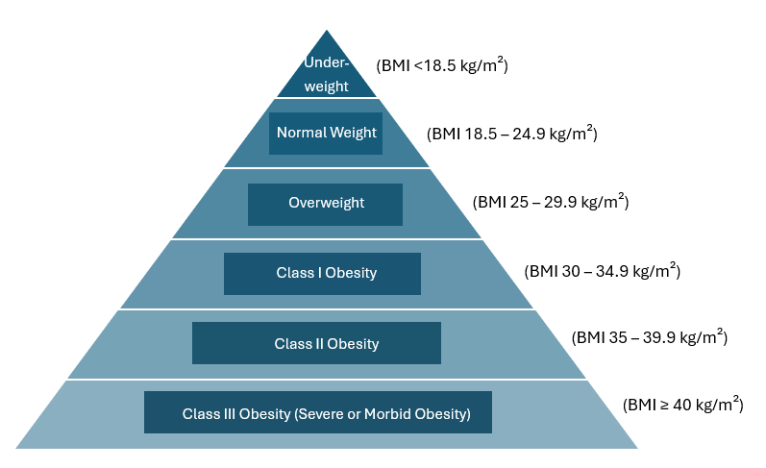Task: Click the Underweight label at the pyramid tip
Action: coord(327,74)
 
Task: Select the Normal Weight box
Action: coord(326,134)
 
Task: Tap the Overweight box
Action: coord(326,204)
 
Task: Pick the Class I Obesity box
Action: coord(322,274)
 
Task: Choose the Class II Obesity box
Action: coord(316,343)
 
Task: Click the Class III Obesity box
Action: coord(318,412)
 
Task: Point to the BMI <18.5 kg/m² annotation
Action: coord(442,65)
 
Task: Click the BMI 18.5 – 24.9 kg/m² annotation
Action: coord(512,133)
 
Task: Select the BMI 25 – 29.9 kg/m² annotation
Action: coord(551,201)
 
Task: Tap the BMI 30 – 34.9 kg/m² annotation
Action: coord(603,270)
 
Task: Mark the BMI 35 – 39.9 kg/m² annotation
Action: coord(650,337)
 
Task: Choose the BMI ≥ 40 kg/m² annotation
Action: coord(683,405)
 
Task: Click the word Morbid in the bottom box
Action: coord(388,414)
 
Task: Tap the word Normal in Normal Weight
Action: coord(301,133)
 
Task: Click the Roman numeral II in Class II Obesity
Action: coord(319,344)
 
